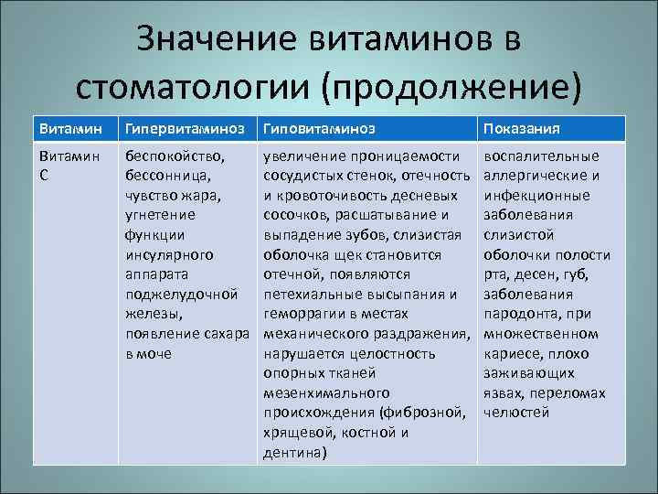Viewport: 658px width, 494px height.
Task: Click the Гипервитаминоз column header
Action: [188, 129]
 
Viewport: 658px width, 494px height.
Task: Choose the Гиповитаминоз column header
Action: [319, 129]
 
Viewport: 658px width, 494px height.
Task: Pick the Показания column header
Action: [521, 129]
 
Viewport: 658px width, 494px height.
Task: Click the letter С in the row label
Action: [45, 175]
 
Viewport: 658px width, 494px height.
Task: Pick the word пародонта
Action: [518, 314]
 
